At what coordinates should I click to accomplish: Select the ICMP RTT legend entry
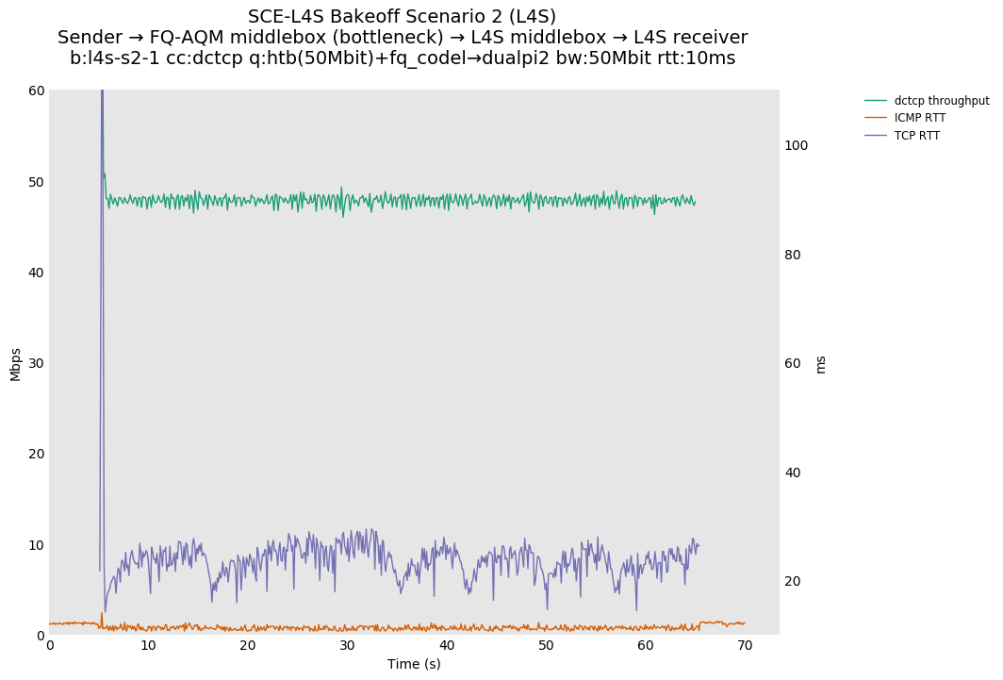[x=920, y=118]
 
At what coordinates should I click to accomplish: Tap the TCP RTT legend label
[x=917, y=136]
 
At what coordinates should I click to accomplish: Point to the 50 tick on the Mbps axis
[x=36, y=182]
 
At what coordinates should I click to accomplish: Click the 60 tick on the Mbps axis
[x=36, y=91]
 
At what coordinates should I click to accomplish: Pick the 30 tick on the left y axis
[x=36, y=363]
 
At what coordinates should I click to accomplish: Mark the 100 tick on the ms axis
[x=797, y=145]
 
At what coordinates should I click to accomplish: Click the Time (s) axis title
[x=414, y=664]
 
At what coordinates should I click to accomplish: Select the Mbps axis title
[x=15, y=363]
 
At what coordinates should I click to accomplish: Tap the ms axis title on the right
[x=820, y=364]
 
